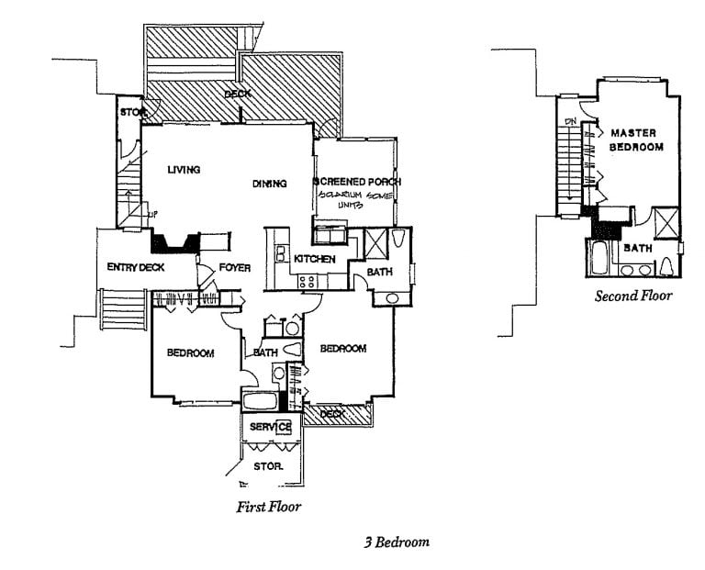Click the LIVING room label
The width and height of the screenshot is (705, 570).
click(185, 170)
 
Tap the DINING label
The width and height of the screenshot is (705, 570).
click(270, 184)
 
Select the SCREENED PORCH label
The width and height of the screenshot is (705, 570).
click(357, 181)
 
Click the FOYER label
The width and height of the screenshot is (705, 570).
click(235, 268)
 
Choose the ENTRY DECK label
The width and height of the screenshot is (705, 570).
click(136, 267)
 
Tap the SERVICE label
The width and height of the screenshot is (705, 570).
click(270, 428)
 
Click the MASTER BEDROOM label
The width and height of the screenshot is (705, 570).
click(633, 140)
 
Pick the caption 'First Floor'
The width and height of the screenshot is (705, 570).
click(269, 506)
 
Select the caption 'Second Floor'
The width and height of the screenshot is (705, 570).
click(633, 296)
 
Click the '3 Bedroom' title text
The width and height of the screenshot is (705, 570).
click(396, 542)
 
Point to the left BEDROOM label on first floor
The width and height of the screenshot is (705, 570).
click(190, 353)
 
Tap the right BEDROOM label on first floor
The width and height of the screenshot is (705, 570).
click(342, 349)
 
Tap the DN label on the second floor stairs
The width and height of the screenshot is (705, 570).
click(570, 121)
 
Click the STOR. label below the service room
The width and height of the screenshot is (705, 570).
click(268, 467)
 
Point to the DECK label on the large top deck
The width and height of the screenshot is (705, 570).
click(238, 95)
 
